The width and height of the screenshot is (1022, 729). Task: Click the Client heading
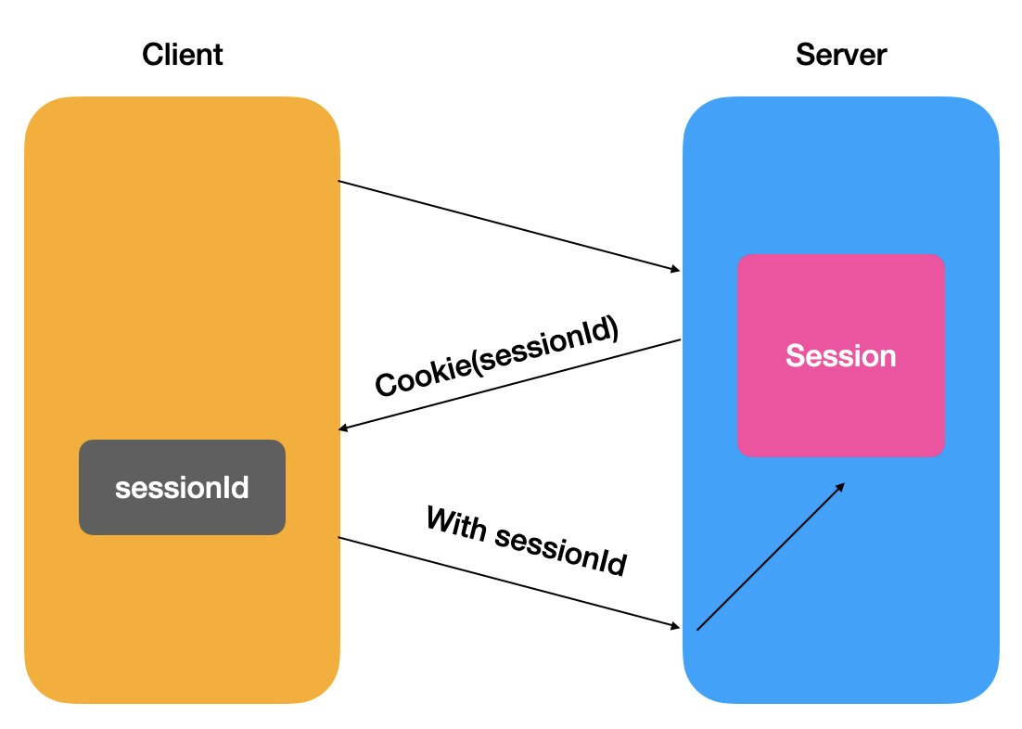[x=183, y=55]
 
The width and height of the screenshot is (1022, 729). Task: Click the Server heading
[x=841, y=55]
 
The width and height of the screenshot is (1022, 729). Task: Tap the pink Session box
[x=841, y=355]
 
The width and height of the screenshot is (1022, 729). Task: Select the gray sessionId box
[x=182, y=487]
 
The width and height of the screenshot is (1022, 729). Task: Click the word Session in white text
[x=841, y=356]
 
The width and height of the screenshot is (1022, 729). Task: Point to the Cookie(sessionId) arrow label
[x=497, y=356]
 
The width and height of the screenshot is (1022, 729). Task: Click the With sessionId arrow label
[x=527, y=542]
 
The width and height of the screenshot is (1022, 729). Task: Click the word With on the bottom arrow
[x=457, y=523]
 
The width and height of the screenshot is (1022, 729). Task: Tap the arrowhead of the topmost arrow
[x=676, y=269]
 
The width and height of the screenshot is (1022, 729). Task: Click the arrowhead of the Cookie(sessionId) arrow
[x=343, y=428]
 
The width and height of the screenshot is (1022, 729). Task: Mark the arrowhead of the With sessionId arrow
[x=676, y=626]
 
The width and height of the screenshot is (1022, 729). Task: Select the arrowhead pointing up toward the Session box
[x=841, y=486]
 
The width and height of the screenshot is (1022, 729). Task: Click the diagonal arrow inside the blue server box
[x=771, y=556]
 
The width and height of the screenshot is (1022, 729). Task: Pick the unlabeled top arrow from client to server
[x=509, y=225]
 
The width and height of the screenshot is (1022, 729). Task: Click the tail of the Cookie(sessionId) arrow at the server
[x=681, y=339]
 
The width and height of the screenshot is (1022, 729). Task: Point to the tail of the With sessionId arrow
[x=339, y=537]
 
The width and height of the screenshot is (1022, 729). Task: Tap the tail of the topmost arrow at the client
[x=339, y=181]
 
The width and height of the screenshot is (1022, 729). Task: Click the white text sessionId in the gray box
[x=182, y=488]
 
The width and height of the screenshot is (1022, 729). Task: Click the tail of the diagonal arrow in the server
[x=697, y=630]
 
